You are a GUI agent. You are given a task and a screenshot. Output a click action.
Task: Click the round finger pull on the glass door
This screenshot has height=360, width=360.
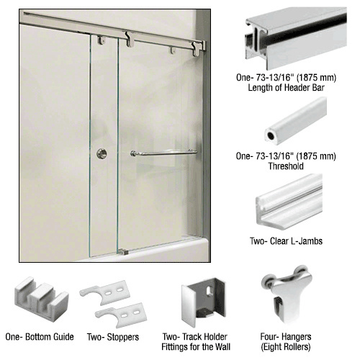(x=102, y=153)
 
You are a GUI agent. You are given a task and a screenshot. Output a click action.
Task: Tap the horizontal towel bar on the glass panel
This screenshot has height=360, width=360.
(x=164, y=153)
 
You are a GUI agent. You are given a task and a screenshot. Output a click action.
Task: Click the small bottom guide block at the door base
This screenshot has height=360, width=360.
(x=123, y=251)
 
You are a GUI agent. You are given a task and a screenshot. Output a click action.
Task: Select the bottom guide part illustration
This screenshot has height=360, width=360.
(x=42, y=299)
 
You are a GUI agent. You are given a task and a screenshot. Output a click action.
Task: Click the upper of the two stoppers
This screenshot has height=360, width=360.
(x=105, y=292)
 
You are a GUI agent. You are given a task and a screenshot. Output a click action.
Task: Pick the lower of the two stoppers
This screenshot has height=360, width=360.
(x=121, y=315)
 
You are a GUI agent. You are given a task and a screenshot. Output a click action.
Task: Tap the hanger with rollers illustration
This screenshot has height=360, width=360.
(x=286, y=294)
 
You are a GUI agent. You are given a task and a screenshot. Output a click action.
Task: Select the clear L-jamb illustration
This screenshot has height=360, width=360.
(x=289, y=202)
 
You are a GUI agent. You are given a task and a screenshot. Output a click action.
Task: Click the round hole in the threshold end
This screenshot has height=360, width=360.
(x=271, y=136)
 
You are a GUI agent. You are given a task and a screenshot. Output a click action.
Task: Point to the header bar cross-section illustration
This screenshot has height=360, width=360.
(x=296, y=38)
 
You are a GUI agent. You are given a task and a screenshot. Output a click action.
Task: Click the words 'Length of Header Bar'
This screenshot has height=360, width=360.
(x=286, y=88)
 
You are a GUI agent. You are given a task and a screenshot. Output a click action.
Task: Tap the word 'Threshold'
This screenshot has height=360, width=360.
(x=286, y=166)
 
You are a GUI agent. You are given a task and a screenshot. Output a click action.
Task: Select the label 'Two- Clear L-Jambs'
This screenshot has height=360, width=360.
(x=286, y=241)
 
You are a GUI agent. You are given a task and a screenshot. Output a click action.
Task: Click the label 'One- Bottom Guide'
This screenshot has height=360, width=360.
(x=40, y=337)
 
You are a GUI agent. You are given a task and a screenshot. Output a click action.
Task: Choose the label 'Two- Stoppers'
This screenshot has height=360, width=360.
(x=113, y=337)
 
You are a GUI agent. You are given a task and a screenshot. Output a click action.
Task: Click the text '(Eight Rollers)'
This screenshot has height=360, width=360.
(x=286, y=347)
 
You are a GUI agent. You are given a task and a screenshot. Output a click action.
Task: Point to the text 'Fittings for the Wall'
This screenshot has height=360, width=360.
(x=196, y=347)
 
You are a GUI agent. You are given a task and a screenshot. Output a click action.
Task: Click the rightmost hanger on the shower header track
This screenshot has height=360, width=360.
(x=197, y=49)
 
